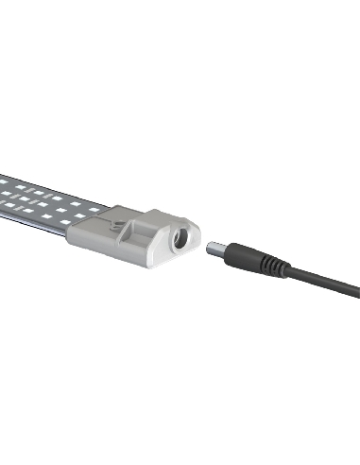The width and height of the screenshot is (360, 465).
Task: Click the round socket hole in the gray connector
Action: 175,241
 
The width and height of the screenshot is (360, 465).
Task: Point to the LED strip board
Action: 38,200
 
